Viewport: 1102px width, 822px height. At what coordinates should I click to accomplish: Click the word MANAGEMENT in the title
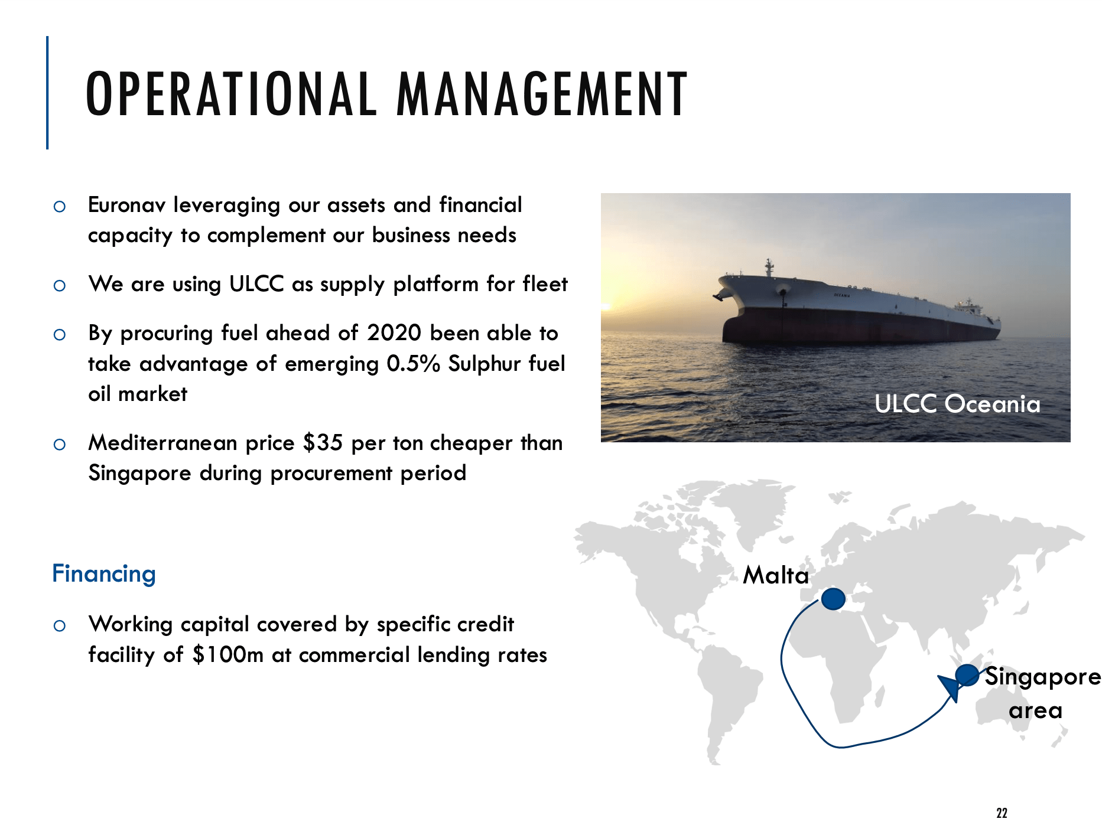coord(542,93)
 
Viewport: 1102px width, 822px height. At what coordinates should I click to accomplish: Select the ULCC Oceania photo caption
coord(957,404)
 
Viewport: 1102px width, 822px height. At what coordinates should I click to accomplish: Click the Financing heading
coord(104,573)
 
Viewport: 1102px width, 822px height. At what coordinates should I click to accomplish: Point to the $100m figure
coord(228,654)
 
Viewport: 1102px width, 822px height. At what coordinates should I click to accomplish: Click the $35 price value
coord(323,442)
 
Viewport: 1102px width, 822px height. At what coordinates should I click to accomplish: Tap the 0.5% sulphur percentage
coord(414,363)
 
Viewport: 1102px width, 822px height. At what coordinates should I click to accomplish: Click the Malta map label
coord(776,575)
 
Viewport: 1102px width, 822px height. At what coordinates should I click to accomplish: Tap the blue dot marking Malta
coord(833,599)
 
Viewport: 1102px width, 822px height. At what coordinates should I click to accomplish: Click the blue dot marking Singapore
coord(967,675)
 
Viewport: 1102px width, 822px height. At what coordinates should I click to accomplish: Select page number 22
coord(1002,813)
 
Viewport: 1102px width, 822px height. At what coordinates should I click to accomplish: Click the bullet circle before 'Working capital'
coord(60,625)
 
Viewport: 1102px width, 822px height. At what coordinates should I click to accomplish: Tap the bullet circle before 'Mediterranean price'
coord(60,444)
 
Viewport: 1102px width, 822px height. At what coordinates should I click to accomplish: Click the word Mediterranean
coord(162,442)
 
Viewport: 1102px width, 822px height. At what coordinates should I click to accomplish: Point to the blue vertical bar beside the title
coord(47,93)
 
